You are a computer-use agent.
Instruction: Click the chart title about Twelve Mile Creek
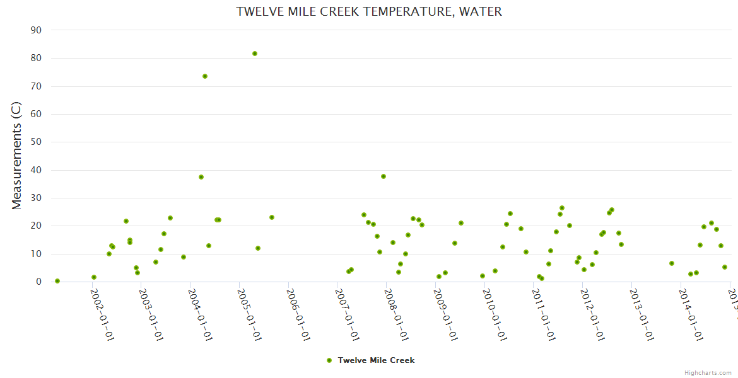369,12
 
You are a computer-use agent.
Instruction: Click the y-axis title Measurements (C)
17,156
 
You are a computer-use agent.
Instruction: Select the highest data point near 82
255,54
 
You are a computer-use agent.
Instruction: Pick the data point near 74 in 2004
205,76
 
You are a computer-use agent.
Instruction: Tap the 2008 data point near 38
384,176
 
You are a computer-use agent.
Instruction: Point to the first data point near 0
57,281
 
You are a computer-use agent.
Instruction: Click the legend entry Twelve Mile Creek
376,360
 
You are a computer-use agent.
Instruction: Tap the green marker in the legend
329,360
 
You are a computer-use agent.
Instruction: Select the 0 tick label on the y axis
38,282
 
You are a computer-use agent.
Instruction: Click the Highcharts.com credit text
708,373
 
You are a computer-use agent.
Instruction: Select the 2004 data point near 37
201,177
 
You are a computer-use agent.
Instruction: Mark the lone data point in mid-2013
672,263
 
